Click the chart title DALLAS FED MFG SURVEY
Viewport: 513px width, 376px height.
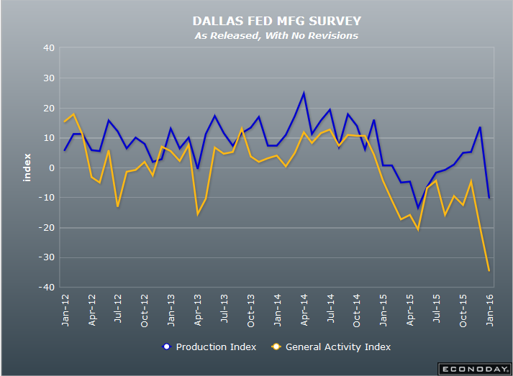tap(276, 22)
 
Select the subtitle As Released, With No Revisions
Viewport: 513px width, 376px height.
tap(276, 35)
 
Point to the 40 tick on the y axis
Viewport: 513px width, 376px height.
tap(49, 48)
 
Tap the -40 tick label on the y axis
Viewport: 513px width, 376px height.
tap(47, 288)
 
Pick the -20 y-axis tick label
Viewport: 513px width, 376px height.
tap(47, 228)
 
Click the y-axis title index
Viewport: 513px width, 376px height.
tap(27, 168)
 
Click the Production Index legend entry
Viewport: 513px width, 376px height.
tap(215, 347)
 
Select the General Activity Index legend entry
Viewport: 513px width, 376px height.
tap(338, 347)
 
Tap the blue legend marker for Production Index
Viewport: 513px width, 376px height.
tap(165, 347)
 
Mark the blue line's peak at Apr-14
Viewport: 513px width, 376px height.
tap(304, 93)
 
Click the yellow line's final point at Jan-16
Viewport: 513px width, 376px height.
tap(489, 271)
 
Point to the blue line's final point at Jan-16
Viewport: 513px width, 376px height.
tap(489, 198)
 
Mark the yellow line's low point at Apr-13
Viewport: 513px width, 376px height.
tap(198, 214)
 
